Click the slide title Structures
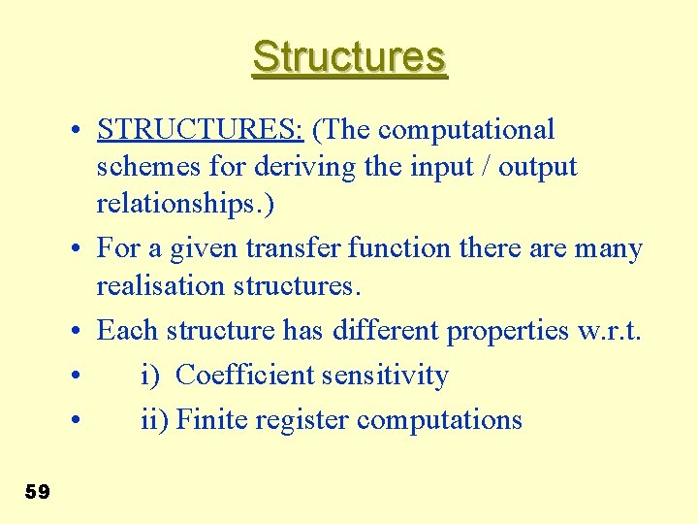click(x=349, y=57)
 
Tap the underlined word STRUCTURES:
click(x=201, y=129)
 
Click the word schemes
click(x=148, y=167)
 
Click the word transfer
click(x=294, y=248)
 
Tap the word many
click(x=607, y=248)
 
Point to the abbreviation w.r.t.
click(x=609, y=330)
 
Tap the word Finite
click(x=211, y=419)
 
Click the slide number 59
click(x=37, y=492)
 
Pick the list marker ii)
click(x=155, y=419)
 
